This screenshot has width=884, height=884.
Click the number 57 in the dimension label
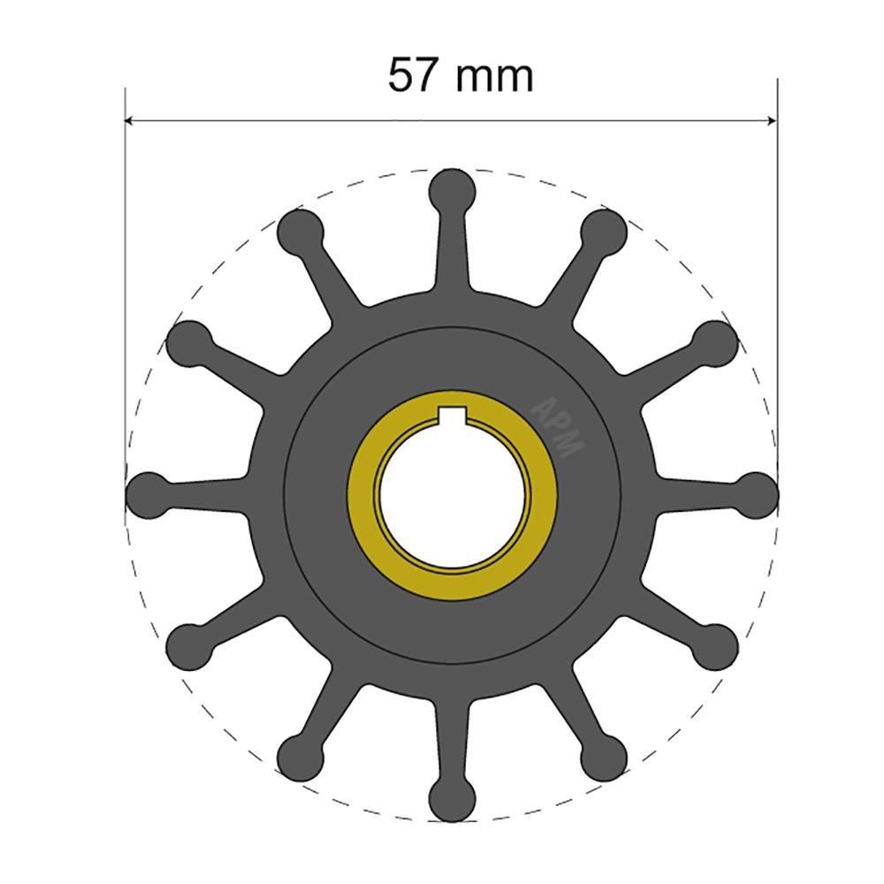click(413, 75)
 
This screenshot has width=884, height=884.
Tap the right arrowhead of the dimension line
click(772, 120)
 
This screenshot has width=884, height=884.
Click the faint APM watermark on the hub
click(556, 425)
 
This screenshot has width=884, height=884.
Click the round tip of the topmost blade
click(453, 190)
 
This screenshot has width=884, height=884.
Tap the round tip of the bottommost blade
click(453, 796)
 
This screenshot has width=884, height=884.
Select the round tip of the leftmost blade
click(149, 494)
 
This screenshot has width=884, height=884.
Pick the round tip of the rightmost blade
click(756, 494)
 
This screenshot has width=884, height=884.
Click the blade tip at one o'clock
click(604, 232)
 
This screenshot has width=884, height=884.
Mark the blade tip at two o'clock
click(715, 343)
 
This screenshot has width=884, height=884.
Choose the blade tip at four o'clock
click(715, 646)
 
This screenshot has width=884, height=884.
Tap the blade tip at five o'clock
click(604, 757)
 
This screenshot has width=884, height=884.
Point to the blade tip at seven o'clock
click(301, 757)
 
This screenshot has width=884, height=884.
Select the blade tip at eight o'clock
click(190, 646)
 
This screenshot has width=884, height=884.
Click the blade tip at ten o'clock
click(190, 343)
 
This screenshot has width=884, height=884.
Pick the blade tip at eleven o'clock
click(301, 232)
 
